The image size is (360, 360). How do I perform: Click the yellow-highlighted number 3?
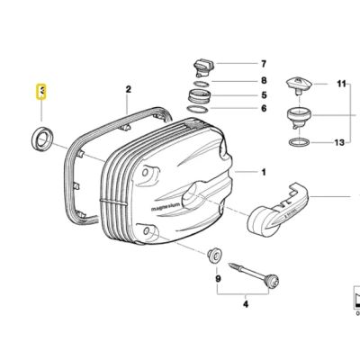tap(40, 91)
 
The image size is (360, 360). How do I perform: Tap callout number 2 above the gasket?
tap(128, 89)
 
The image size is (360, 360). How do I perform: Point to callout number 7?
tap(264, 64)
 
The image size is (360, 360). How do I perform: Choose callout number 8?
tap(264, 80)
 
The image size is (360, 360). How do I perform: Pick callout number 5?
tap(264, 94)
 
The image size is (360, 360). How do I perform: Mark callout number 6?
tap(264, 109)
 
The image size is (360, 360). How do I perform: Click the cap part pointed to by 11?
tap(296, 86)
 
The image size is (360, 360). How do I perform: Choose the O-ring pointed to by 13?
tap(296, 142)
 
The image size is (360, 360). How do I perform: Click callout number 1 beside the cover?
tap(264, 171)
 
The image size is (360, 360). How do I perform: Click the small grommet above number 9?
tap(216, 256)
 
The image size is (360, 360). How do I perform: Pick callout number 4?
tap(244, 305)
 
